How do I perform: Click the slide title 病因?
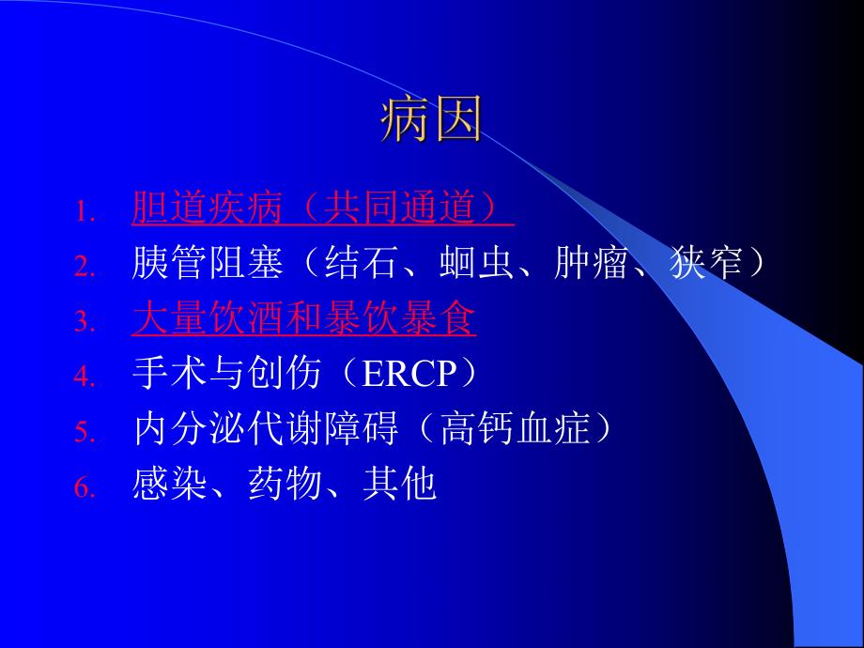tap(431, 122)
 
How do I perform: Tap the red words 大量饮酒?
tap(207, 319)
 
